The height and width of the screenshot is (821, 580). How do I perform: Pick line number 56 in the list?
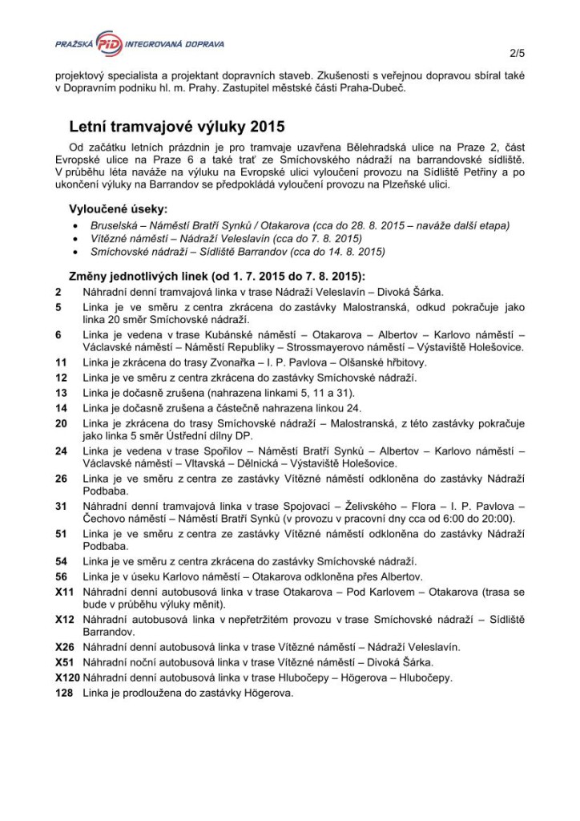pyautogui.click(x=61, y=576)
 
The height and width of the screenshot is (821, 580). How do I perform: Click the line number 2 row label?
pyautogui.click(x=58, y=293)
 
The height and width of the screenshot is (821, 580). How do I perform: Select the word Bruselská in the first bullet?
pyautogui.click(x=113, y=225)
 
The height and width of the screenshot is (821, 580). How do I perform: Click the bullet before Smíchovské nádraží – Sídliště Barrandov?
pyautogui.click(x=75, y=252)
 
